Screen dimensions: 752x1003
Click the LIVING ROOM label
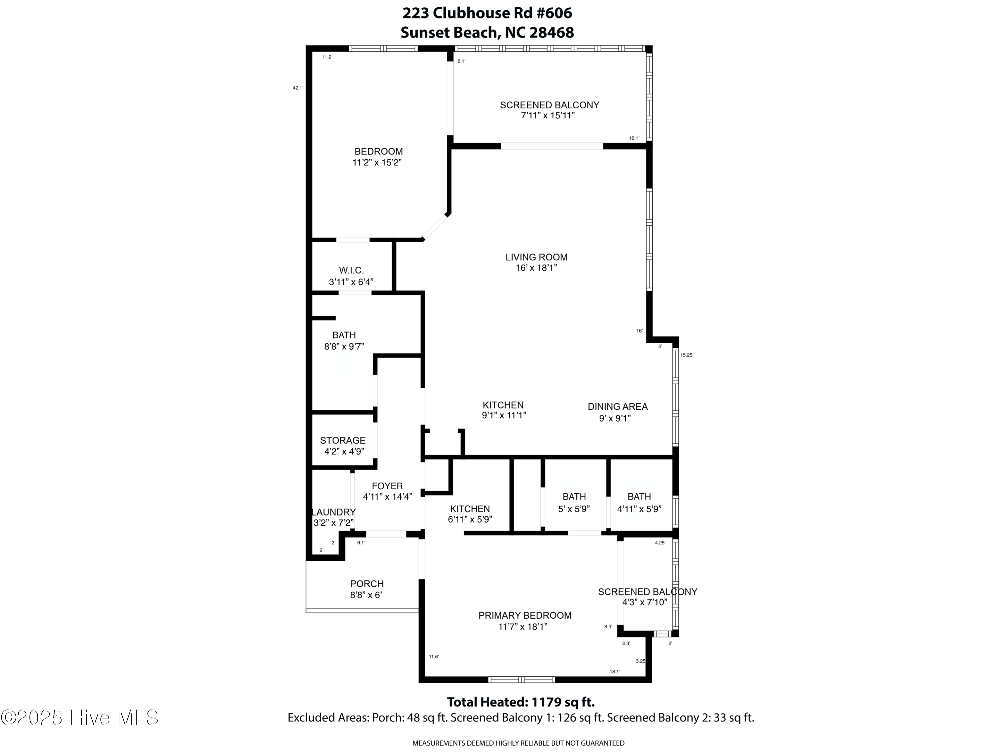click(536, 257)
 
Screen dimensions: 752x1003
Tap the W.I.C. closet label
click(351, 271)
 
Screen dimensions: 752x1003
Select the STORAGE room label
click(342, 440)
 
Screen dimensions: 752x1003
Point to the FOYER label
click(387, 486)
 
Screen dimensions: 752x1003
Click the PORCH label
click(367, 584)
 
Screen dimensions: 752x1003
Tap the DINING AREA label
click(618, 407)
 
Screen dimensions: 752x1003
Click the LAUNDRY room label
click(334, 512)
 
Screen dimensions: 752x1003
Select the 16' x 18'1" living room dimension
click(536, 268)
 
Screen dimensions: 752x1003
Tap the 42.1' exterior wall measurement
click(298, 88)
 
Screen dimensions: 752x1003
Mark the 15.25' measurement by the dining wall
click(686, 355)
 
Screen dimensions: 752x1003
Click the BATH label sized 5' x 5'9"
click(574, 497)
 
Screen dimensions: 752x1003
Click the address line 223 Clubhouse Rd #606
click(487, 13)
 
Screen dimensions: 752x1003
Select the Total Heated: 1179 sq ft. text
click(521, 702)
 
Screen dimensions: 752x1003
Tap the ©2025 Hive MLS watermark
click(80, 718)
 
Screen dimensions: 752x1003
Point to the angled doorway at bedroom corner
click(435, 227)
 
